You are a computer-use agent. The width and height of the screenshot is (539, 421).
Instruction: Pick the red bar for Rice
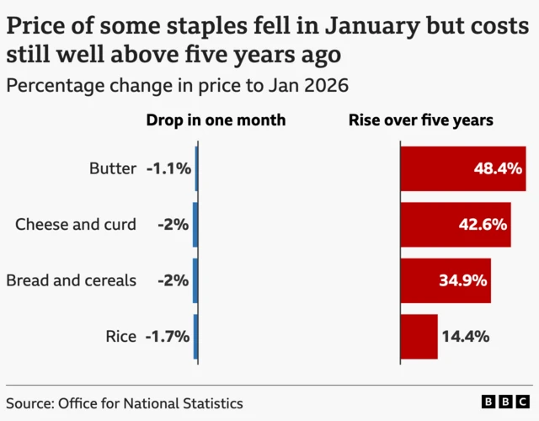click(419, 336)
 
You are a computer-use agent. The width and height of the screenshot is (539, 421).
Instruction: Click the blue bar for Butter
click(196, 168)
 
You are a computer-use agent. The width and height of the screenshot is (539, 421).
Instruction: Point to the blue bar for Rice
click(195, 336)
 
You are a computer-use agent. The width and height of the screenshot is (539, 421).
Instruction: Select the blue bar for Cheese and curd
click(195, 225)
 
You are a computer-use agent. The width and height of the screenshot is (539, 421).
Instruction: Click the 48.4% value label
click(498, 168)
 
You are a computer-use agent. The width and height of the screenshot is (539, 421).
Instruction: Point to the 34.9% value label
click(462, 280)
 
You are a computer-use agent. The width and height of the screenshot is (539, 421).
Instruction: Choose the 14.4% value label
click(466, 336)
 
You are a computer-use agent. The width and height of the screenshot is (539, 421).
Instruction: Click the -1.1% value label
click(168, 168)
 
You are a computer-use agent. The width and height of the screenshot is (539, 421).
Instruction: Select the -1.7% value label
click(168, 336)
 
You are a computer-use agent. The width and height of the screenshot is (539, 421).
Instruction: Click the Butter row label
click(112, 168)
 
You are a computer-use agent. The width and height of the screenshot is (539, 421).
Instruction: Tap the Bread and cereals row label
click(71, 280)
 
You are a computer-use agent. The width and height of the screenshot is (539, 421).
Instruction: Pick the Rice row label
click(121, 336)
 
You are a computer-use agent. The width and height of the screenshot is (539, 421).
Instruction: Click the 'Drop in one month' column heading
click(216, 120)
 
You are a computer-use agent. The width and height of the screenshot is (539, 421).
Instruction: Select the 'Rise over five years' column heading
click(421, 120)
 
